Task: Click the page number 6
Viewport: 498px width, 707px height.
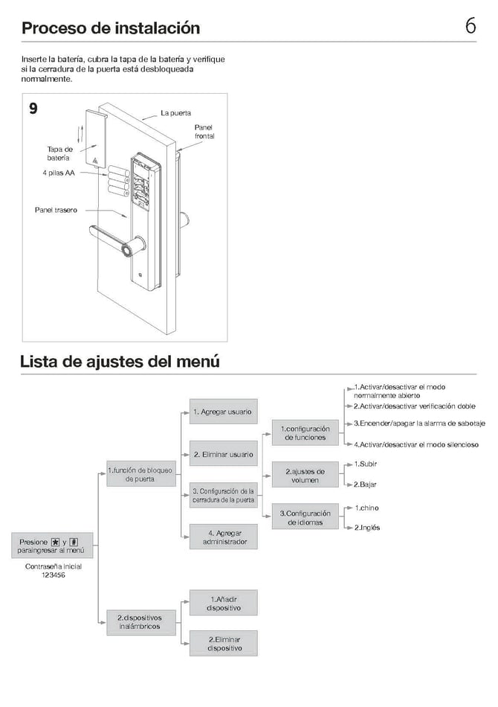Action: click(x=470, y=26)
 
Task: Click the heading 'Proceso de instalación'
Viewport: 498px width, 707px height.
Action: click(x=111, y=28)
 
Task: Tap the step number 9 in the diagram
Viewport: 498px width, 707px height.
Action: click(x=33, y=109)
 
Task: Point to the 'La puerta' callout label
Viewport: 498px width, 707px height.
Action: click(x=175, y=113)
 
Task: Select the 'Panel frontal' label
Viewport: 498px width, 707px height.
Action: click(x=204, y=132)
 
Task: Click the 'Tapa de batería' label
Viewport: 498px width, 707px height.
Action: click(x=59, y=153)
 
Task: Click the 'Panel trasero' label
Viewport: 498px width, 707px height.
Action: click(x=56, y=210)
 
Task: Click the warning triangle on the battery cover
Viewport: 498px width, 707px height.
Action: click(x=95, y=159)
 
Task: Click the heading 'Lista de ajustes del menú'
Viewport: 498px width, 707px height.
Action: click(x=120, y=362)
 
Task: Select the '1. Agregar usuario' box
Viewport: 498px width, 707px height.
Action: click(x=222, y=412)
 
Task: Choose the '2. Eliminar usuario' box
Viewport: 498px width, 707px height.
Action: click(x=222, y=454)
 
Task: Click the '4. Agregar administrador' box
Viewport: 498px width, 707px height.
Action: click(x=223, y=537)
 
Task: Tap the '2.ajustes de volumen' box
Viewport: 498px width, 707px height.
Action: click(x=305, y=476)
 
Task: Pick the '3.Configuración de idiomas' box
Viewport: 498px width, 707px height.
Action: click(x=305, y=518)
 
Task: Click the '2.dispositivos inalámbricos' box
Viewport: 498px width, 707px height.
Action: click(x=140, y=621)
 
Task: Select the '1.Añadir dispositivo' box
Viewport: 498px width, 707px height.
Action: click(x=224, y=603)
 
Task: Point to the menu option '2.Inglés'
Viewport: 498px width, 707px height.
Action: click(x=367, y=527)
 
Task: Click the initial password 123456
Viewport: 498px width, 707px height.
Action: click(x=53, y=575)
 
